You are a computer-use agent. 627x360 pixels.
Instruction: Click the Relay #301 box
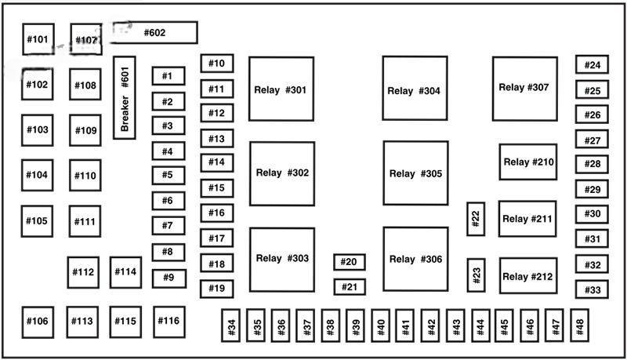pos(281,89)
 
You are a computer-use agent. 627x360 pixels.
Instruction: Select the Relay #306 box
pos(415,259)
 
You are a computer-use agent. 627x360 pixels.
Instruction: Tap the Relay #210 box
pos(528,162)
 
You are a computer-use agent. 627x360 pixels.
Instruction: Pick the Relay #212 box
pos(528,276)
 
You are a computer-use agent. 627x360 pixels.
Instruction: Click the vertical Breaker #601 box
pos(125,97)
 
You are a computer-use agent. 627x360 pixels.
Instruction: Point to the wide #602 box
pos(154,33)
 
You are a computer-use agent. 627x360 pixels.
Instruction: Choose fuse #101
pos(38,39)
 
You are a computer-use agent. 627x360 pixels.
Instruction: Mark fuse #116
pos(169,321)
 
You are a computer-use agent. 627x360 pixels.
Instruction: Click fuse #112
pos(83,272)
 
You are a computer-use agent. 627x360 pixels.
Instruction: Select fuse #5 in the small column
pos(168,176)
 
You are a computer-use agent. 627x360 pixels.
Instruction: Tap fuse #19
pos(217,289)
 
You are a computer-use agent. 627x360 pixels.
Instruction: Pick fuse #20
pos(350,262)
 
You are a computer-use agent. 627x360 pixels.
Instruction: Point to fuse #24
pos(593,66)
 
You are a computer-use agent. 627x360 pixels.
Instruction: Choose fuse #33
pos(593,289)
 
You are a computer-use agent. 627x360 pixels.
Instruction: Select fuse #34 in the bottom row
pos(231,327)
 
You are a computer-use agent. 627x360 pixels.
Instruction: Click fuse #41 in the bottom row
pos(406,327)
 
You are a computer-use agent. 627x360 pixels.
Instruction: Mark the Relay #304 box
pos(415,89)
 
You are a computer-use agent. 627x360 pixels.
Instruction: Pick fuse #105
pos(38,221)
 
